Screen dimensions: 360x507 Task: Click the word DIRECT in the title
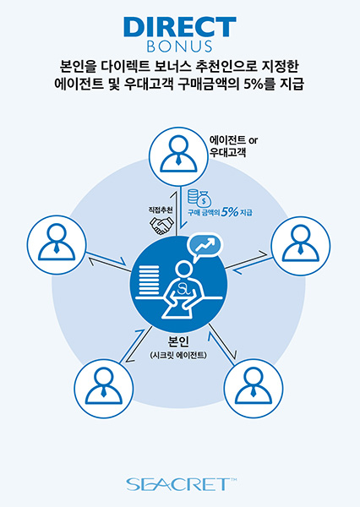point(180,27)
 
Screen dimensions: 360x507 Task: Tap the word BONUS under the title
point(179,46)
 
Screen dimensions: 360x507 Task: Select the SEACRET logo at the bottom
point(181,484)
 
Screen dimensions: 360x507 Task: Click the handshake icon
point(161,225)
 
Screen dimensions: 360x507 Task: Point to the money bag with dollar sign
point(204,199)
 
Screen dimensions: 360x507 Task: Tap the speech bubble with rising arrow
point(205,246)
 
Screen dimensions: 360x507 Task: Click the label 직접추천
point(161,210)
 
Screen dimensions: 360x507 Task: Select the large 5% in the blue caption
point(230,212)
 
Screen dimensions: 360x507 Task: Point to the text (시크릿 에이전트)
point(178,355)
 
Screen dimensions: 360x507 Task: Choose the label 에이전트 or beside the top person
point(233,140)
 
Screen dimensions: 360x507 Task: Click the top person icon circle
point(178,156)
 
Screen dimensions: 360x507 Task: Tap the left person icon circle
point(57,245)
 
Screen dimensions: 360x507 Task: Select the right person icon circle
point(301,246)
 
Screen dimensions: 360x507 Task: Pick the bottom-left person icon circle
point(104,388)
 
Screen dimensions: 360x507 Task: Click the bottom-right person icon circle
point(254,388)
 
